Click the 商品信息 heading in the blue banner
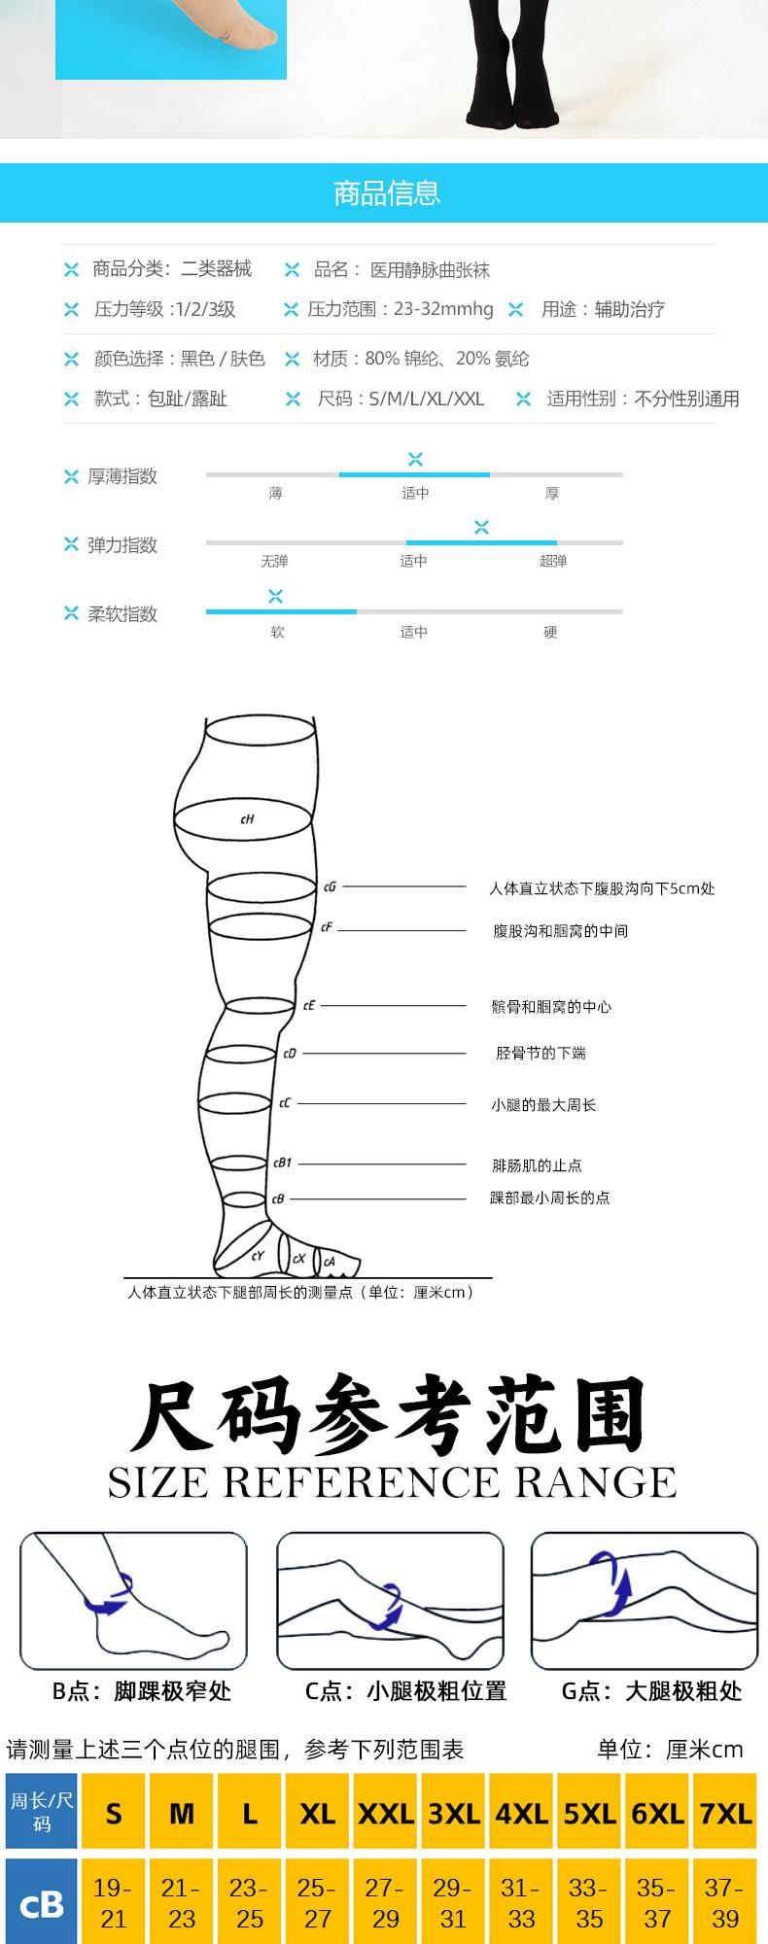(x=386, y=193)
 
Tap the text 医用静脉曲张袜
(x=430, y=270)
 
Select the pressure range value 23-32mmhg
(x=443, y=309)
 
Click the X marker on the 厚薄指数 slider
(x=415, y=459)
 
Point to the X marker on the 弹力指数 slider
(x=481, y=527)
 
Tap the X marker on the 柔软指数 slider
(x=276, y=596)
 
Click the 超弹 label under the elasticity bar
(x=552, y=561)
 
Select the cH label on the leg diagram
(x=247, y=819)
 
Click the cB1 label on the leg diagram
(x=282, y=1163)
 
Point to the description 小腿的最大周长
(x=543, y=1105)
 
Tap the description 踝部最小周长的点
(x=549, y=1198)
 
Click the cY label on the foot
(x=258, y=1256)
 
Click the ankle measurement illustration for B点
(x=134, y=1600)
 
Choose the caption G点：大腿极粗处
(x=651, y=1691)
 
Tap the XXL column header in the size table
(x=386, y=1814)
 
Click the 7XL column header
(x=726, y=1814)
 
